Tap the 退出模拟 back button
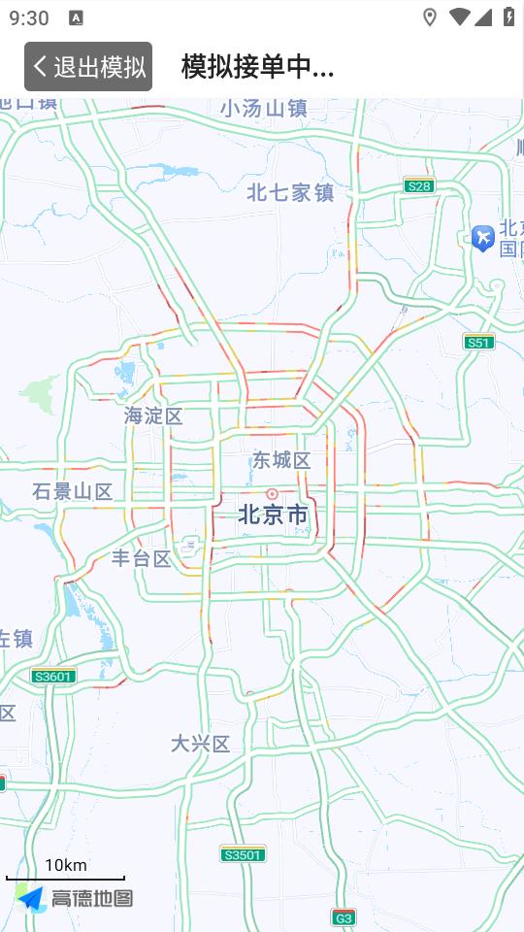coord(88,66)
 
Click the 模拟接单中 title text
coord(257,66)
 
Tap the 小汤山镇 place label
coord(263,109)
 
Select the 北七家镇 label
coord(290,192)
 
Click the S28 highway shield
coord(419,185)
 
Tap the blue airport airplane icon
coord(482,237)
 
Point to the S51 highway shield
coord(478,342)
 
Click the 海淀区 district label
coord(153,416)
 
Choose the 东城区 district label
coord(281,460)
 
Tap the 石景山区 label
coord(72,491)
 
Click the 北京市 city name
coord(273,515)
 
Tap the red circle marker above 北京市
coord(272,494)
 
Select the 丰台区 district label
coord(142,558)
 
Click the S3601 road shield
coord(53,676)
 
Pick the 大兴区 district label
coord(201,744)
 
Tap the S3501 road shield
coord(242,854)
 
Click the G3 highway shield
coord(344,916)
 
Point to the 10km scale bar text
coord(65,865)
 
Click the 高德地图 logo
coord(75,899)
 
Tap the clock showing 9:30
coord(29,17)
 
